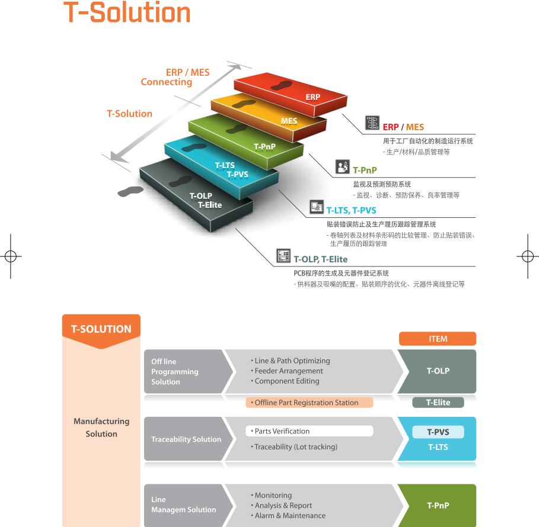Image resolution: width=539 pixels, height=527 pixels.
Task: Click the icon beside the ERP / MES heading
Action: click(x=372, y=123)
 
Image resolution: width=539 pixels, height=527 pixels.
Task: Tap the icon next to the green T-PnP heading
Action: click(x=342, y=166)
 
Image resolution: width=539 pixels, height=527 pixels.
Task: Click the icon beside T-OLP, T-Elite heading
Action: click(x=284, y=256)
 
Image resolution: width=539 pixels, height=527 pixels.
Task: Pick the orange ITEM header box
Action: click(x=438, y=339)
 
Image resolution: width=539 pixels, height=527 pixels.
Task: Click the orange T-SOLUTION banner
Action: click(x=101, y=330)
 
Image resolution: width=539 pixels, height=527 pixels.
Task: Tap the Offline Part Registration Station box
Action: click(x=309, y=403)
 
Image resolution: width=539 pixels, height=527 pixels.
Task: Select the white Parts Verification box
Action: click(x=309, y=431)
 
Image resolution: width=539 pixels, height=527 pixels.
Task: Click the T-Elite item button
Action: click(x=438, y=403)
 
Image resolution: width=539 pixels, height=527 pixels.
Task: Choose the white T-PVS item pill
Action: click(x=438, y=432)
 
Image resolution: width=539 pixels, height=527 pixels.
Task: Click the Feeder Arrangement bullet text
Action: click(x=288, y=371)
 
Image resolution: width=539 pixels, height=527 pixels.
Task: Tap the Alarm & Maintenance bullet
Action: click(x=289, y=515)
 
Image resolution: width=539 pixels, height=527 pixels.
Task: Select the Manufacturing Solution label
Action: click(x=101, y=428)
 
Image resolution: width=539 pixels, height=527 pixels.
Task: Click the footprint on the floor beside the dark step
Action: click(x=130, y=191)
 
